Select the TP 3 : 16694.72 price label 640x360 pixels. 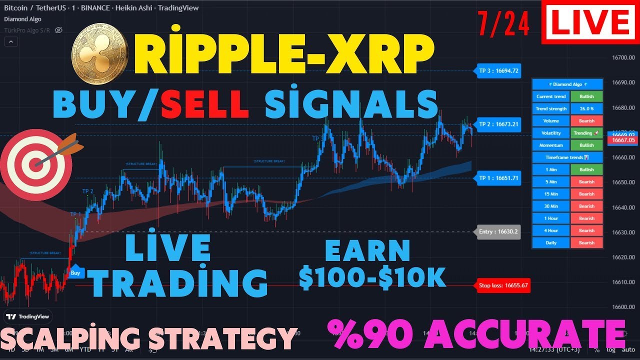click(498, 71)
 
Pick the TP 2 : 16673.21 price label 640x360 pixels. click(498, 124)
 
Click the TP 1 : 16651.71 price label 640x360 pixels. click(498, 178)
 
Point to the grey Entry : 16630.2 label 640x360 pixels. click(498, 232)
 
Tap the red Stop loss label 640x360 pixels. click(503, 286)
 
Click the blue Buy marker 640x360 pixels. click(75, 272)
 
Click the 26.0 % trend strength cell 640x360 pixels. click(586, 108)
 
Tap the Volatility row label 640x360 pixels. click(551, 133)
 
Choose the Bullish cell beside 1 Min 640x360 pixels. click(586, 169)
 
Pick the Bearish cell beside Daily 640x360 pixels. click(586, 242)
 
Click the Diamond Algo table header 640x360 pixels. click(567, 84)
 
